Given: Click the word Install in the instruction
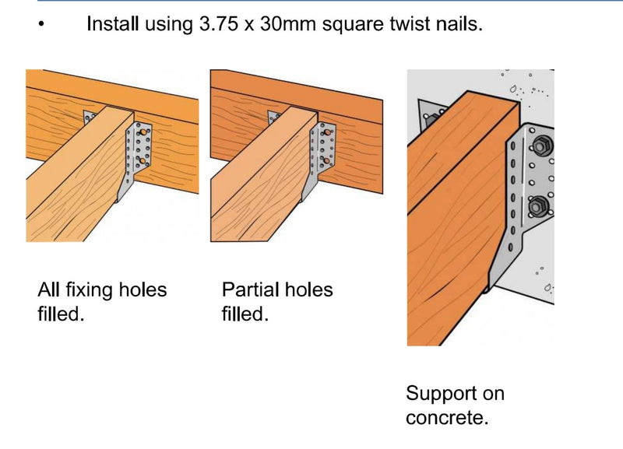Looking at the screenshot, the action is [112, 24].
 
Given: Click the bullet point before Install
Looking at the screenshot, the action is [41, 24].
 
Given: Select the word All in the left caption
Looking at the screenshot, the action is [49, 289].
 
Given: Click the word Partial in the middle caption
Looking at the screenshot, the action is [248, 289].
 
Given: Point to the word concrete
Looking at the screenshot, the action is [447, 418].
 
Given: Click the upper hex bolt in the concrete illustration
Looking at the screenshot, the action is [540, 146].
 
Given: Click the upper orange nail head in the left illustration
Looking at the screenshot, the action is [143, 132].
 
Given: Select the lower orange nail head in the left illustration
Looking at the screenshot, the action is [142, 160].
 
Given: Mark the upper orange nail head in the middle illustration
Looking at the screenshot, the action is [326, 132].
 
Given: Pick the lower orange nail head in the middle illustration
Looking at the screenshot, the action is [326, 160].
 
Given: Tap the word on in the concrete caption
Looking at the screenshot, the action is [494, 394].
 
